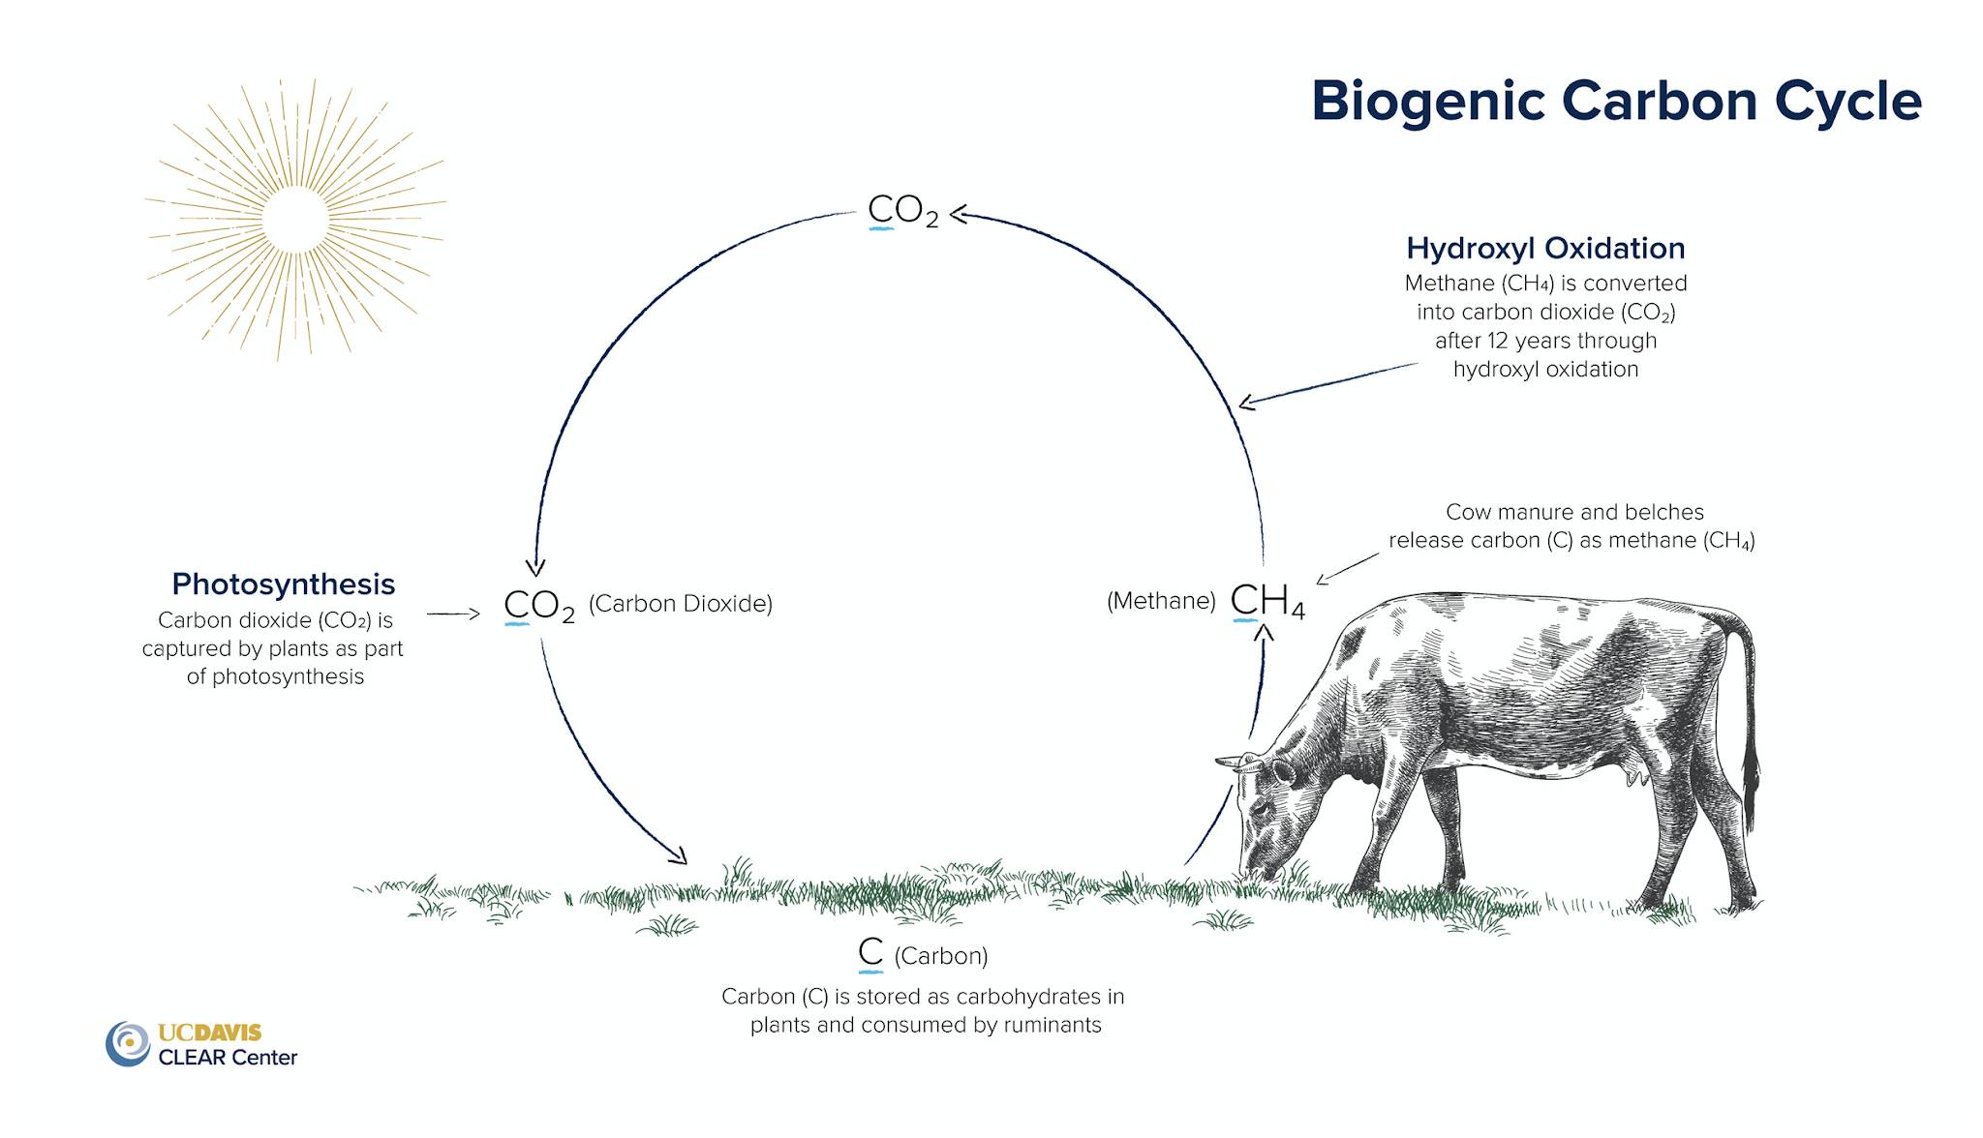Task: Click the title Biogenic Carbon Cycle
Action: tap(1616, 102)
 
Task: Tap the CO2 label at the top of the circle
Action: tap(903, 210)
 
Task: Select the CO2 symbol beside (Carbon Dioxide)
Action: tap(539, 606)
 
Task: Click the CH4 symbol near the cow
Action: tap(1267, 601)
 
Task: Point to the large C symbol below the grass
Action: tap(871, 952)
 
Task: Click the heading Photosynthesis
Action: tap(284, 584)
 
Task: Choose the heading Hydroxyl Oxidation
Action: tap(1545, 249)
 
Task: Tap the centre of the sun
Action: tap(294, 220)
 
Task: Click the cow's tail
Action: tap(1743, 716)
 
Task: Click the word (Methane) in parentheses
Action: tap(1161, 601)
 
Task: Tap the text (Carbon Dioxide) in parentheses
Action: tap(681, 604)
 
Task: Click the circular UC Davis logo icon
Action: tap(128, 1043)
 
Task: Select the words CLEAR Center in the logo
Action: tap(228, 1058)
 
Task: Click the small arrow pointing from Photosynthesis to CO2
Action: tap(453, 614)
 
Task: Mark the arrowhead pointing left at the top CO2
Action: tap(959, 214)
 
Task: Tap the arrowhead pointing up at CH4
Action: tap(1264, 632)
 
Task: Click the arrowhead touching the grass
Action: tap(678, 854)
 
